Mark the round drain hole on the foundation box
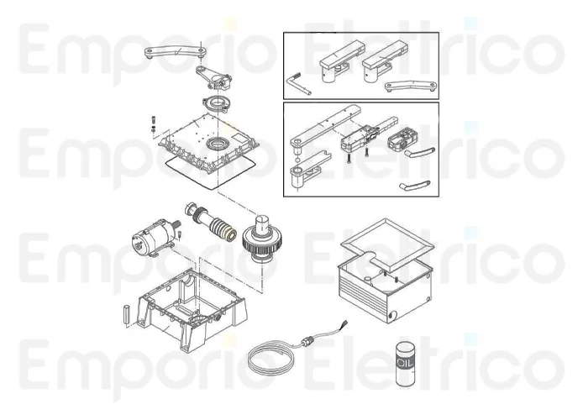tap(391, 318)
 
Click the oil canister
tap(405, 366)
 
